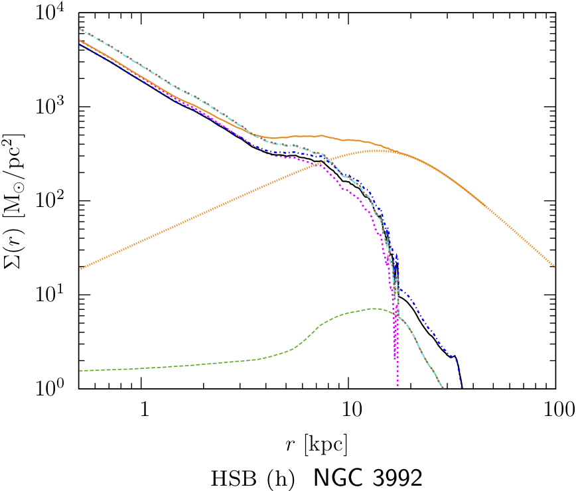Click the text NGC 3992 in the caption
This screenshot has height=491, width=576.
point(368,477)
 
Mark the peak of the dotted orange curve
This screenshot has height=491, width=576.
point(377,151)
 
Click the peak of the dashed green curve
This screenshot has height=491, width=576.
point(373,309)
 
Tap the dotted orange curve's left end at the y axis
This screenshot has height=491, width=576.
point(79,268)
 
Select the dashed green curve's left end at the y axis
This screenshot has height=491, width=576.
point(79,371)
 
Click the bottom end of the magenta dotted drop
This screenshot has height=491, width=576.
point(397,386)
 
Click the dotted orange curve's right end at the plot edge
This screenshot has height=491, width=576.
point(555,267)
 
